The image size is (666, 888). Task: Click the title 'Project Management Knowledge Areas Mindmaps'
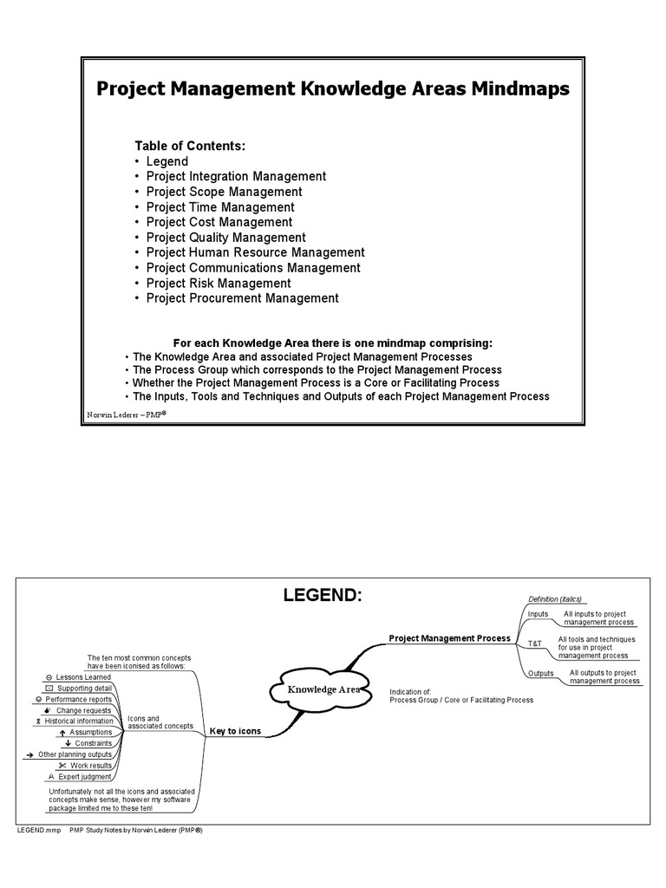(x=332, y=90)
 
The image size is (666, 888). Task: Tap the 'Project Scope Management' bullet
(x=224, y=192)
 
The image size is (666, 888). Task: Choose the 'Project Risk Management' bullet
(x=218, y=283)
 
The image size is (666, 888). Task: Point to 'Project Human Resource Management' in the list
(x=255, y=252)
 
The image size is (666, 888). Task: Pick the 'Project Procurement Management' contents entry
(x=242, y=298)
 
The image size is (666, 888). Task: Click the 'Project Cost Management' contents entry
(x=219, y=222)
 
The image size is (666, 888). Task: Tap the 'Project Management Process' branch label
(x=449, y=638)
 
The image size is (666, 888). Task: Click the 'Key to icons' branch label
(x=234, y=732)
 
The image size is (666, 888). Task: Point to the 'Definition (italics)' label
(x=555, y=598)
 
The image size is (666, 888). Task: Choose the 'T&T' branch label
(x=535, y=644)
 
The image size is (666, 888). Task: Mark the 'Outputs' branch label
(x=540, y=673)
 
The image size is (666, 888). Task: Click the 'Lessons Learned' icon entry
(x=83, y=676)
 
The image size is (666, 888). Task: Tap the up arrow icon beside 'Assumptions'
(x=63, y=733)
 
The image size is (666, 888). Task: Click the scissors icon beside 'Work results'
(x=62, y=766)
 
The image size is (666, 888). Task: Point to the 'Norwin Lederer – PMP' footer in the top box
(x=127, y=415)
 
